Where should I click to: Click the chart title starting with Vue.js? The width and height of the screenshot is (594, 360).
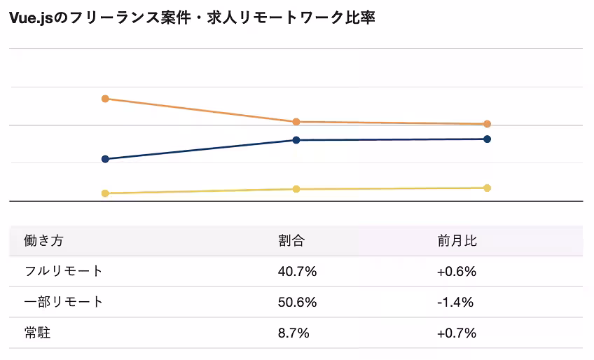coord(192,18)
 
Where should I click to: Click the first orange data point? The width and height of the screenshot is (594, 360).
coord(105,99)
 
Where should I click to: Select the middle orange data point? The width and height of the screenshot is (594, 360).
coord(296,122)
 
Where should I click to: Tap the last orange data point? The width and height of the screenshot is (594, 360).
coord(488,124)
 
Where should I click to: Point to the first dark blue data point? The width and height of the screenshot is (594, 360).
coord(105,159)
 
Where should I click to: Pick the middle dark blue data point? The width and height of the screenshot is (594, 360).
coord(296,140)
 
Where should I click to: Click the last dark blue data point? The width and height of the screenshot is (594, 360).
coord(488,139)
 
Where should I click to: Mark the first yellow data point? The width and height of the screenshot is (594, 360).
coord(105,193)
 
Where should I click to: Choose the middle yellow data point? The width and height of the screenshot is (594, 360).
coord(296,189)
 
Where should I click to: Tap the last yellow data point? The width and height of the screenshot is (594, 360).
coord(488,188)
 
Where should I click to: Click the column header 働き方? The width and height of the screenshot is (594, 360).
coord(43,241)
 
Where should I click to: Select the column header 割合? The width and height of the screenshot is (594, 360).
coord(291,241)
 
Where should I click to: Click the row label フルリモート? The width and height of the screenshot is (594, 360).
coord(63,271)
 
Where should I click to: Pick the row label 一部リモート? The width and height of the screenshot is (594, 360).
coord(63,302)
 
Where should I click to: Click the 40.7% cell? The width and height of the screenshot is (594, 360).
coord(297,271)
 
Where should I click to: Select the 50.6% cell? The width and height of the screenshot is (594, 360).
coord(297,302)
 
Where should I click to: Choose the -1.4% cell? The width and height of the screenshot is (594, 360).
coord(455,302)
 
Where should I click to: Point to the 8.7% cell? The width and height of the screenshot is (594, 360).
coord(293,333)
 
